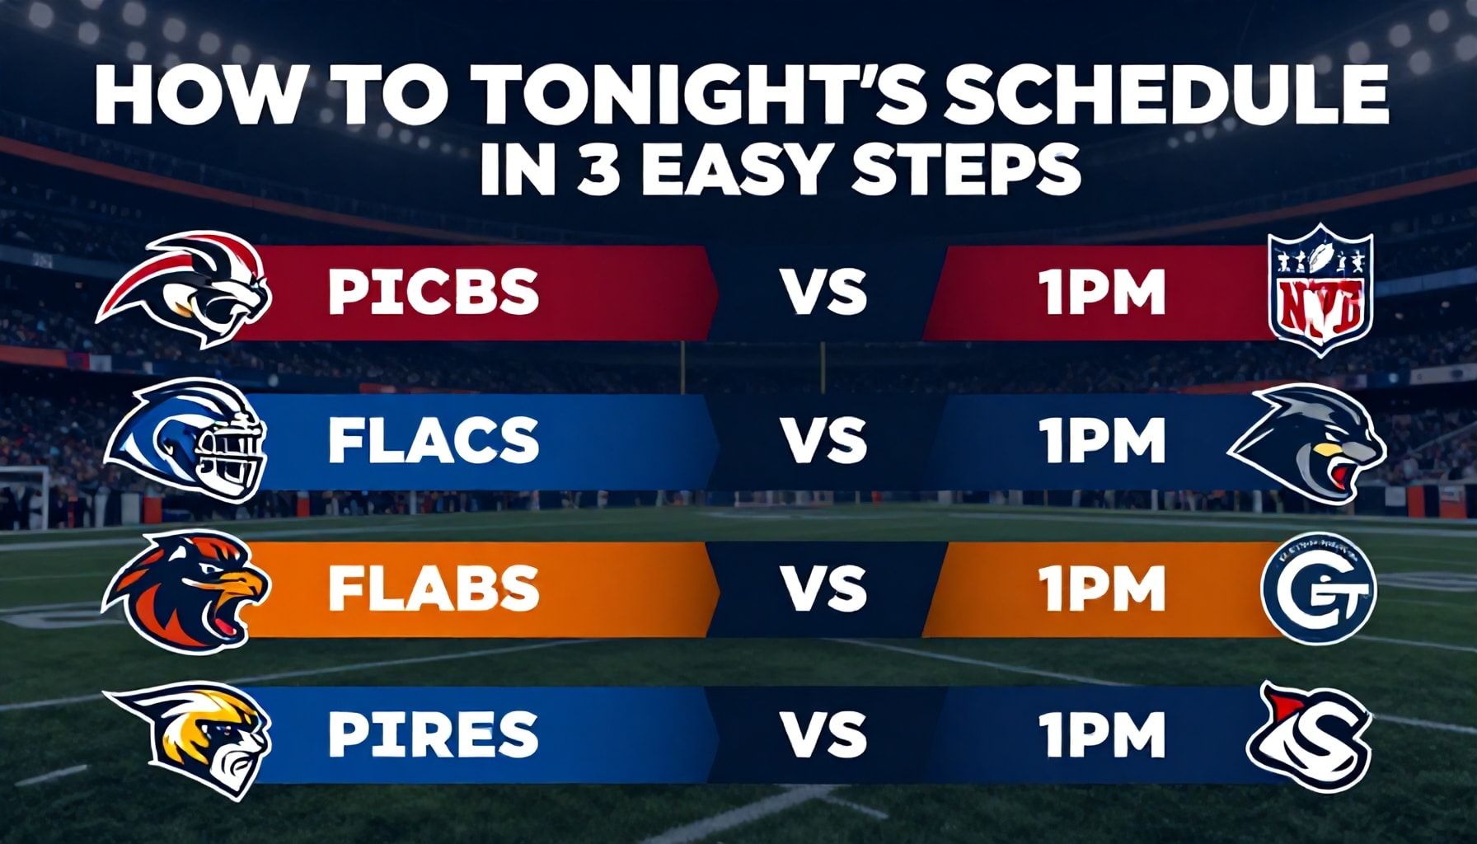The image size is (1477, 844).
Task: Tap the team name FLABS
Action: click(x=433, y=588)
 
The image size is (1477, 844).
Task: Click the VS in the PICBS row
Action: click(x=824, y=293)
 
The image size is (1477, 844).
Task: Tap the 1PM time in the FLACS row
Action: click(x=1103, y=440)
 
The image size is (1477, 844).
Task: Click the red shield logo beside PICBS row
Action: click(x=1320, y=290)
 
